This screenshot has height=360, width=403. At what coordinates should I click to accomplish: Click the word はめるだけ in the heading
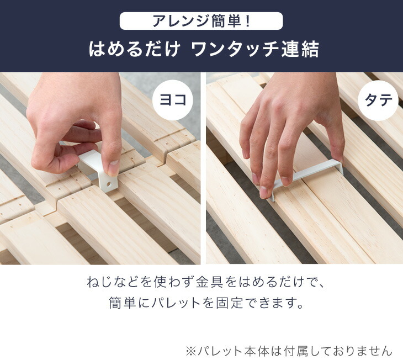click(134, 50)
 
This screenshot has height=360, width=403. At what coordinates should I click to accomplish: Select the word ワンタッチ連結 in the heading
click(255, 50)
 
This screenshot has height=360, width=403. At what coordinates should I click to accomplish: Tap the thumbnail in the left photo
click(113, 166)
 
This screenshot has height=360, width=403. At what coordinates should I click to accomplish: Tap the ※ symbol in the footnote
click(191, 351)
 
